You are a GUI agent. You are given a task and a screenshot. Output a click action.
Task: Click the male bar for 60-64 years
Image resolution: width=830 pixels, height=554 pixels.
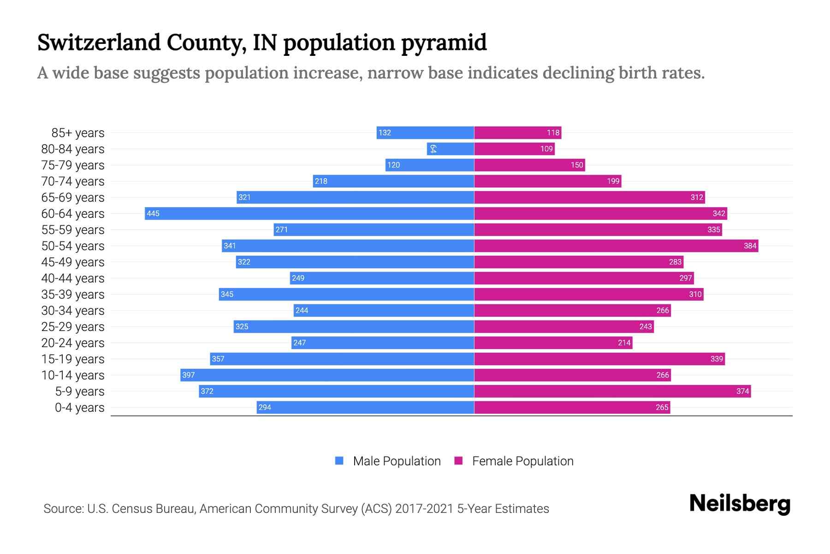[x=309, y=213]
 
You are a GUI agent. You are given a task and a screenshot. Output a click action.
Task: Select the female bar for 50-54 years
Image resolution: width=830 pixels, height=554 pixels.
[x=616, y=246]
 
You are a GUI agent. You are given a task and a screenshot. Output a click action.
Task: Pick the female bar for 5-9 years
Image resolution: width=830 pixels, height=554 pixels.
[x=612, y=391]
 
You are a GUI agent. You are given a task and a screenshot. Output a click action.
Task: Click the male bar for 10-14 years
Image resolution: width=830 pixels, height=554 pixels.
[x=327, y=375]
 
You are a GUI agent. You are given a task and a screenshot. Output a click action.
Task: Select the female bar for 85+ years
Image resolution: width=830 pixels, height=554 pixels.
[x=517, y=132]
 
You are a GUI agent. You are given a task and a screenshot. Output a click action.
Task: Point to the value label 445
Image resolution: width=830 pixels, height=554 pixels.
[x=153, y=213]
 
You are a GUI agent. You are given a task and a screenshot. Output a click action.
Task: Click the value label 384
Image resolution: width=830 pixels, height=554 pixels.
[x=750, y=246]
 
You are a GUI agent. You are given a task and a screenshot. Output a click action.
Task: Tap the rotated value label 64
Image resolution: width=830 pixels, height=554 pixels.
[x=433, y=149]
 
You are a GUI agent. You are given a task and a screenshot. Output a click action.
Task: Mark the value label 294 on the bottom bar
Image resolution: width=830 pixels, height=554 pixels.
[x=265, y=407]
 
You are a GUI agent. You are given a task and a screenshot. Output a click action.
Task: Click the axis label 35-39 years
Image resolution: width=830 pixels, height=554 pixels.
[x=73, y=294]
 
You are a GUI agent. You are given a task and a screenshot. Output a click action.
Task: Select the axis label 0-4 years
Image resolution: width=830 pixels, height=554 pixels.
[x=79, y=407]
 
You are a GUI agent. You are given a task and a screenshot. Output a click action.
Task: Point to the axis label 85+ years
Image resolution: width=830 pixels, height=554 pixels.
[x=78, y=132]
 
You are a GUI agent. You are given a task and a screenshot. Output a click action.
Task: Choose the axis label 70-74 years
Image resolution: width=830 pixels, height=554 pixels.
[x=73, y=181]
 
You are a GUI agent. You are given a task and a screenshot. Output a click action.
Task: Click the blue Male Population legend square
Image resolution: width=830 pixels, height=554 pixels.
[x=339, y=461]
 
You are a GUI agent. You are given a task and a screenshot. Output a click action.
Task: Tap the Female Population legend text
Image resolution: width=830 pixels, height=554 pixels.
[x=522, y=461]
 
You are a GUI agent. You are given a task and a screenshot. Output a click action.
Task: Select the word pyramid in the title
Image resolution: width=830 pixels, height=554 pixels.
[x=444, y=42]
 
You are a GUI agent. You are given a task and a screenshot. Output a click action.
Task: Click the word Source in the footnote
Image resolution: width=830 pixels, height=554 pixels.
[x=63, y=508]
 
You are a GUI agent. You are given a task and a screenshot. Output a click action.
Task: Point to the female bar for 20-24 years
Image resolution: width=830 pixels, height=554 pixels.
[x=553, y=343]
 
